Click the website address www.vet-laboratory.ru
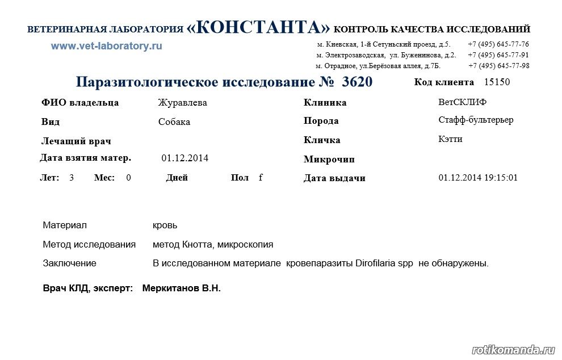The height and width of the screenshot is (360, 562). (106, 47)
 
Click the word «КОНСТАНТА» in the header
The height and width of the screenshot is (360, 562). (258, 27)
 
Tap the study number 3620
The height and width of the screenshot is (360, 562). (358, 82)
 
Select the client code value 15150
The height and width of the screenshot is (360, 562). (497, 82)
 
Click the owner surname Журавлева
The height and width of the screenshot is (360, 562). (182, 103)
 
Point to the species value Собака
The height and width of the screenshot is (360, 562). (174, 122)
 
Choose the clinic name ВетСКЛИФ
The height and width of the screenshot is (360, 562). (462, 102)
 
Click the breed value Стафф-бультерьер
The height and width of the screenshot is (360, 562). (476, 120)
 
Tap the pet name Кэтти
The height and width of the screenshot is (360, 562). (450, 139)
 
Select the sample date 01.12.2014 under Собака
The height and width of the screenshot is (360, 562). (184, 158)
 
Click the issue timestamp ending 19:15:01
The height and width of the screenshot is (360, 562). (478, 178)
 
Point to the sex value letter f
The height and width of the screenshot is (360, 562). (261, 177)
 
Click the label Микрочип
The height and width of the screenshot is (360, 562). (329, 160)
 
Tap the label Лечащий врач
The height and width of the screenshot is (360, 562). (76, 141)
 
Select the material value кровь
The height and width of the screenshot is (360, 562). (165, 225)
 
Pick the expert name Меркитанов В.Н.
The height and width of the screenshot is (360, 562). (181, 288)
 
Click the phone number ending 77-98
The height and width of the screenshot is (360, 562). (498, 66)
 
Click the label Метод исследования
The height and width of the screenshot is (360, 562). (89, 245)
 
